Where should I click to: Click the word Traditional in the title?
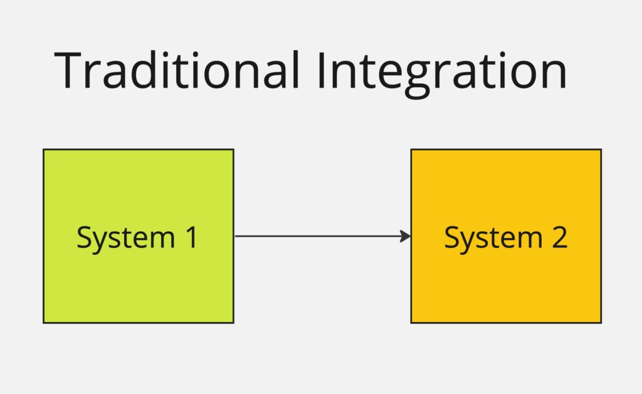click(177, 70)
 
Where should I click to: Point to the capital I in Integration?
click(321, 70)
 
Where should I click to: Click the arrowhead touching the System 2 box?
click(407, 236)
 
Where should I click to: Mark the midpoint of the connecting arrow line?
click(322, 236)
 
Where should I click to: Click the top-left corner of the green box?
click(43, 150)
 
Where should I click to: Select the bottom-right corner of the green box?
click(233, 323)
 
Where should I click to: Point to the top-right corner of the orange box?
click(601, 150)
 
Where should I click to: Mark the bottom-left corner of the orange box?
click(411, 323)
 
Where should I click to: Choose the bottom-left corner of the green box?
click(43, 323)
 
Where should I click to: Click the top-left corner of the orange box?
click(411, 150)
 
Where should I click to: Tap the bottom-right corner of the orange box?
click(601, 323)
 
